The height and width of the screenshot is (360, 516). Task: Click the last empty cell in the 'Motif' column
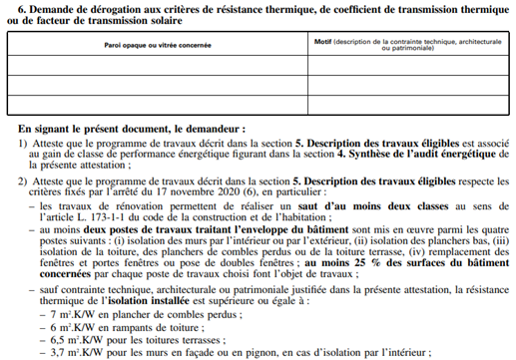tap(407, 104)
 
